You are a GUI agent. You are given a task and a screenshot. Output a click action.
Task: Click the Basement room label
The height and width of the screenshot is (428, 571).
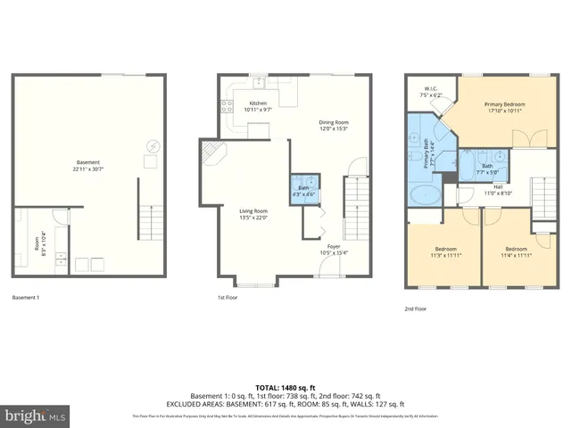coord(87,166)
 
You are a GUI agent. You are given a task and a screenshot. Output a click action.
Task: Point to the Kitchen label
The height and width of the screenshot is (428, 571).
coord(258,105)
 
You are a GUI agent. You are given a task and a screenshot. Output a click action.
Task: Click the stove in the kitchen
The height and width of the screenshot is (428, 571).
coord(225,108)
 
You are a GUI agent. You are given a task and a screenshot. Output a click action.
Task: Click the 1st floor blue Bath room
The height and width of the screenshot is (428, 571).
coord(302,191)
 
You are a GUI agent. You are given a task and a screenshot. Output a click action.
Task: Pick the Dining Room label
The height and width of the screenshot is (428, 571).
coord(335,125)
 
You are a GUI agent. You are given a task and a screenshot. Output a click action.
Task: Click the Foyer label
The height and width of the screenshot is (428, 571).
coord(334,249)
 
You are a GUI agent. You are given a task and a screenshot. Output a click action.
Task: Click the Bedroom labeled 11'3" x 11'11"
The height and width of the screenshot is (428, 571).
coord(445,251)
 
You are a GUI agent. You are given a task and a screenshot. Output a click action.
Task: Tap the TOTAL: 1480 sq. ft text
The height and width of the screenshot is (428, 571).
coord(285,388)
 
